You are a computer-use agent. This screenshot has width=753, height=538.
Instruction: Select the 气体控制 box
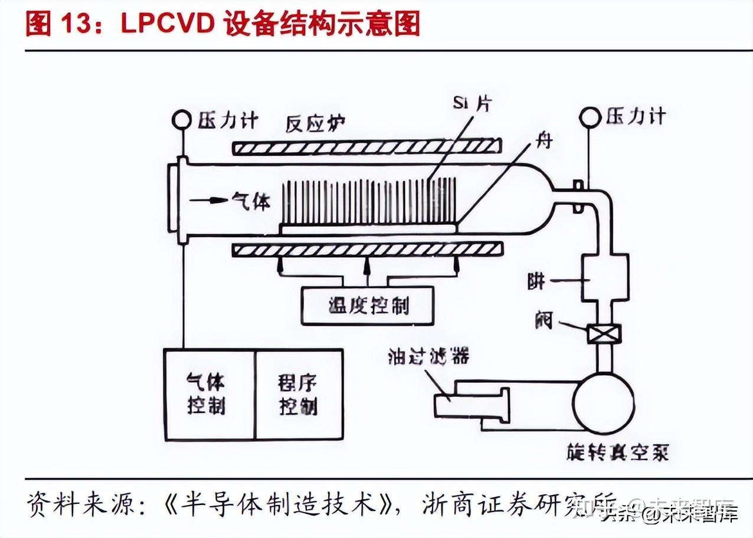click(x=209, y=394)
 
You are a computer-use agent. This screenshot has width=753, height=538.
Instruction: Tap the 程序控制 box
click(x=299, y=394)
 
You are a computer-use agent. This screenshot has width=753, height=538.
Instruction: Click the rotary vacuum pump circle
click(x=603, y=403)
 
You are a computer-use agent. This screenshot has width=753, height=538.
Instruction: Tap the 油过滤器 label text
click(x=429, y=357)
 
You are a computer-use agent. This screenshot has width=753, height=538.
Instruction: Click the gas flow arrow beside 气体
click(x=209, y=201)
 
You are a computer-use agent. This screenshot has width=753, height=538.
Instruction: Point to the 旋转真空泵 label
click(x=616, y=452)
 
